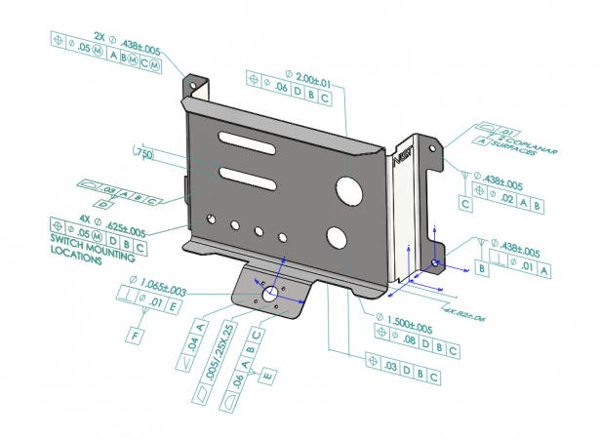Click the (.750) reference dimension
click(x=143, y=154)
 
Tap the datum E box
click(x=266, y=374)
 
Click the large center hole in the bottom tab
click(x=267, y=293)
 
